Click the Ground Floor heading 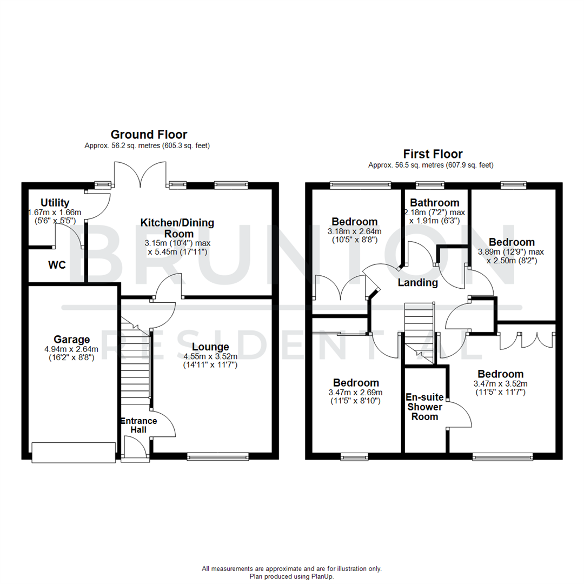149,134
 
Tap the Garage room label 71,340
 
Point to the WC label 57,266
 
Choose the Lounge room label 210,347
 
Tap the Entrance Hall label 138,425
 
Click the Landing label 417,283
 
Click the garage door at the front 74,453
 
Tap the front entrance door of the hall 135,450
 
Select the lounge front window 218,457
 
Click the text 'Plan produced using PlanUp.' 292,576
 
